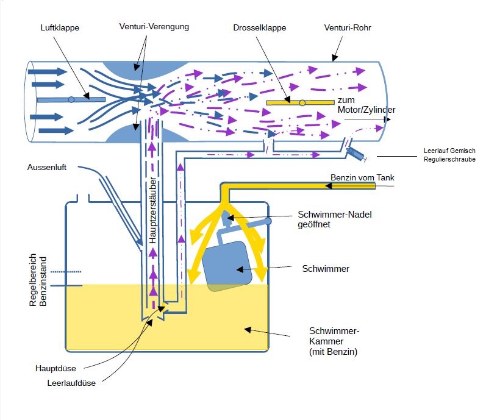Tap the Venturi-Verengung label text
click(154, 27)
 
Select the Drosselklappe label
click(259, 28)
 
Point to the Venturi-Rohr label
click(347, 28)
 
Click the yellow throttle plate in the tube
click(300, 102)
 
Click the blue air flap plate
click(71, 99)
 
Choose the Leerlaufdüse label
click(71, 383)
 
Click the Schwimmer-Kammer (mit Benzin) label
click(335, 341)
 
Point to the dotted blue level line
click(66, 271)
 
